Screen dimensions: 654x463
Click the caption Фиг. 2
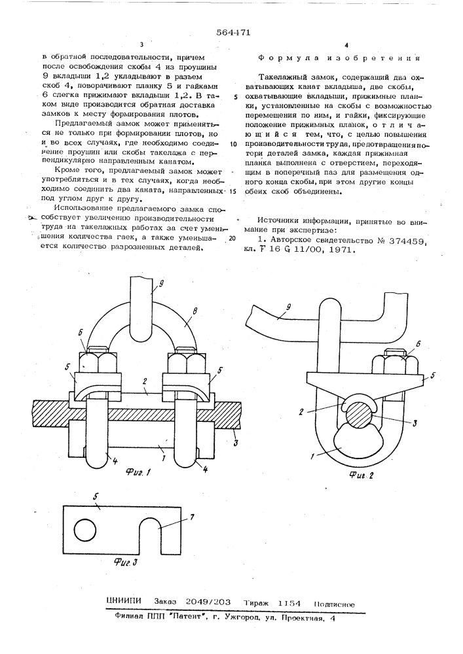(363, 475)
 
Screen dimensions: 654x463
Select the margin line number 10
(233, 143)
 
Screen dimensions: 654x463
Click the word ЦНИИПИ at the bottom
(123, 605)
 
